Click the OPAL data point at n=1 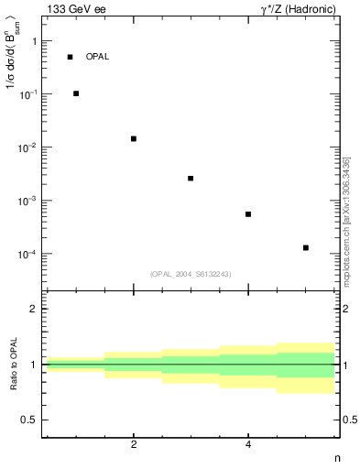point(76,93)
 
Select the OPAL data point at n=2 point(134,138)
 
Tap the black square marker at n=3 point(191,179)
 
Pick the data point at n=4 point(248,214)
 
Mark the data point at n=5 point(306,247)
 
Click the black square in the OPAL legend point(70,57)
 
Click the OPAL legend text point(97,57)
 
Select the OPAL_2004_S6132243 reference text point(191,274)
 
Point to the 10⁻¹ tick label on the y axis point(30,94)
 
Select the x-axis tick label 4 point(248,444)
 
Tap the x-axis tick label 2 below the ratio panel point(134,444)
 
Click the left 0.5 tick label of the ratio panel point(29,420)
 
